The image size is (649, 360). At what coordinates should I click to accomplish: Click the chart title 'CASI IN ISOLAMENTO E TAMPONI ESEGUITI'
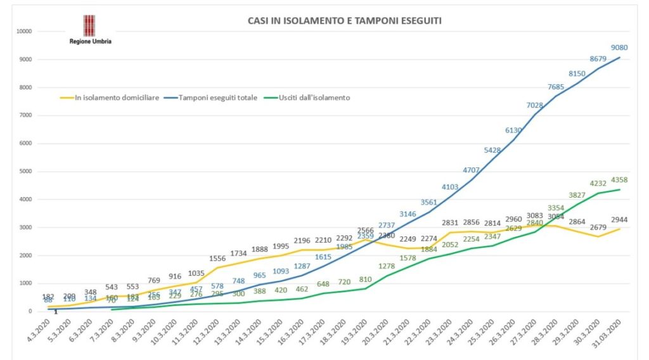(344, 21)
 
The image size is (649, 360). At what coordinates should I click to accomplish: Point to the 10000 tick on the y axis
(25, 31)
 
